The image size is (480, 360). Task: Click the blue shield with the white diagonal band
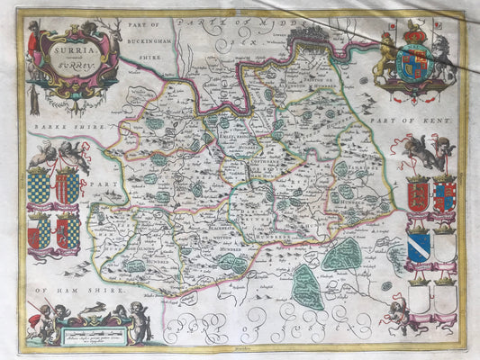pos(418,246)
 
